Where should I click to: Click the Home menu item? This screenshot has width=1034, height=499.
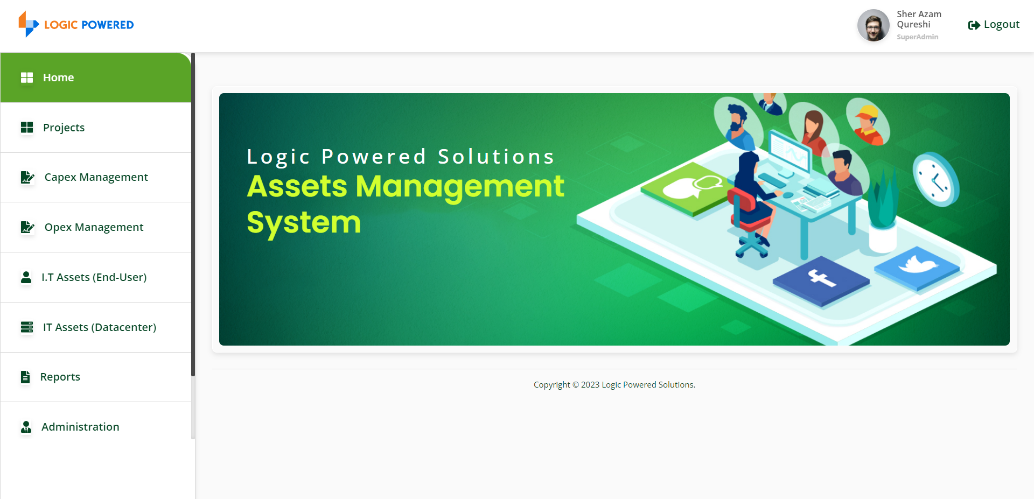click(96, 78)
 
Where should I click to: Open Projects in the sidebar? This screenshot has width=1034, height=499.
click(96, 128)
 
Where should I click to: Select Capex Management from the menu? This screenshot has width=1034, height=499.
click(96, 178)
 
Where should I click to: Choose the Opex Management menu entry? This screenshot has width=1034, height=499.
click(96, 227)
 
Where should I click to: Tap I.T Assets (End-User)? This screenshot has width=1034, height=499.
click(96, 277)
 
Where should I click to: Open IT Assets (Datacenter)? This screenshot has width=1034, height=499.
click(96, 327)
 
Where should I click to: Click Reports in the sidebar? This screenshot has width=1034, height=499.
click(96, 377)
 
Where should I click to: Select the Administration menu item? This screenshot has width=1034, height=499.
click(96, 427)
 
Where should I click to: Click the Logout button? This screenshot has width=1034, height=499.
click(994, 25)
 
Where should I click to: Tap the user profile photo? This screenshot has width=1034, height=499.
click(873, 25)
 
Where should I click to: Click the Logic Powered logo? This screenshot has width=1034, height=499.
click(76, 24)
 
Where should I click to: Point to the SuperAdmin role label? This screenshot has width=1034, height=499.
click(917, 37)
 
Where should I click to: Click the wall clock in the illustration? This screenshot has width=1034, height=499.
click(936, 180)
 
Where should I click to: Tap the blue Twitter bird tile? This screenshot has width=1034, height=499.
click(917, 268)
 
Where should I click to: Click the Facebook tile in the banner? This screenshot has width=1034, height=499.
click(821, 280)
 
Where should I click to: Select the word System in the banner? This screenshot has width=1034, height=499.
click(304, 223)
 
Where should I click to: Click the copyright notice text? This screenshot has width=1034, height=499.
click(614, 385)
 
